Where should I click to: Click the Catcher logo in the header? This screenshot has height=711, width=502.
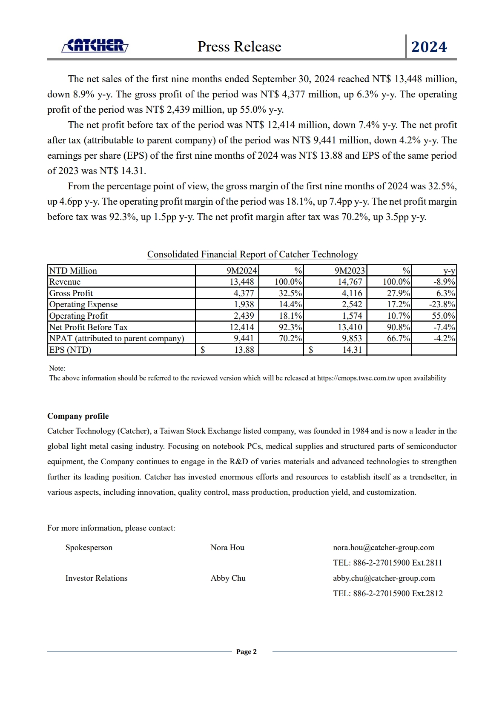point(95,46)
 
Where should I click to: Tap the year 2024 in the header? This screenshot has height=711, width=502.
point(429,47)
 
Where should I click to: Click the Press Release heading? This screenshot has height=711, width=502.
point(239,47)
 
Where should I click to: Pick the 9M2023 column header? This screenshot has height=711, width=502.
point(350,271)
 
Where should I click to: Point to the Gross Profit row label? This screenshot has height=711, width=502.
point(71,293)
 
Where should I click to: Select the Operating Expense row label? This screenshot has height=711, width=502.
point(83,305)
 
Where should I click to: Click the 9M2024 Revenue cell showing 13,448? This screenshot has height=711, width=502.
point(241,282)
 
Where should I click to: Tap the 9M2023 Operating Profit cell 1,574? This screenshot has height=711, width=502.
point(352,316)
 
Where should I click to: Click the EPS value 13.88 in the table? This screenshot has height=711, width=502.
point(244,350)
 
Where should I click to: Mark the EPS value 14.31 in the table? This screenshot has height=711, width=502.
point(352,350)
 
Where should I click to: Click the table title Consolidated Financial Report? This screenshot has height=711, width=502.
point(252,254)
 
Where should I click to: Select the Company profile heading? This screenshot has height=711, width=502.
point(78,416)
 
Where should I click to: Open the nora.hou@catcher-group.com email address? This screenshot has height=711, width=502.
point(384,548)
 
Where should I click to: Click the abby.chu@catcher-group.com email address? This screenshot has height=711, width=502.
point(384,578)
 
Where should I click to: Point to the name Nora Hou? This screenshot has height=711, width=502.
point(227,548)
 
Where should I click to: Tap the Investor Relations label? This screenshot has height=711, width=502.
point(96,578)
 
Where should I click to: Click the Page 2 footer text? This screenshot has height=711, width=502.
point(247,652)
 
